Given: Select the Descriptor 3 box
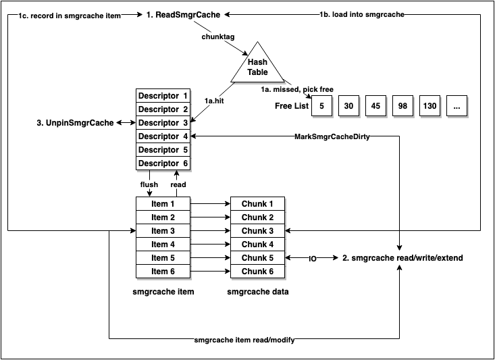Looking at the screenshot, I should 163,123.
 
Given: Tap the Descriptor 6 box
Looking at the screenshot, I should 163,163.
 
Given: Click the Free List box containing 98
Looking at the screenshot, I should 403,106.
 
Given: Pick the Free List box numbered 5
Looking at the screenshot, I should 322,106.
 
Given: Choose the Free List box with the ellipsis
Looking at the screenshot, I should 457,106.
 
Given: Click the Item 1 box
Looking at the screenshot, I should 163,204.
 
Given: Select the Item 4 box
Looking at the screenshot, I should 163,245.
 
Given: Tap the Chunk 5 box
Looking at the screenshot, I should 257,258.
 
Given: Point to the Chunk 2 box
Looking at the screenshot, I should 257,217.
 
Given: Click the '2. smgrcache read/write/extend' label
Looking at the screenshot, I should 403,259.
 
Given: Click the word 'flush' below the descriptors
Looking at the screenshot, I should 149,184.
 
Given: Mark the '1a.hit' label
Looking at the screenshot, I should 214,99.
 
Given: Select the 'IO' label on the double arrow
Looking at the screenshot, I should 313,259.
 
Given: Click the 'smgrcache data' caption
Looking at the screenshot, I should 257,292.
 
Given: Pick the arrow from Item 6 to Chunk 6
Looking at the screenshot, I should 210,272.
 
